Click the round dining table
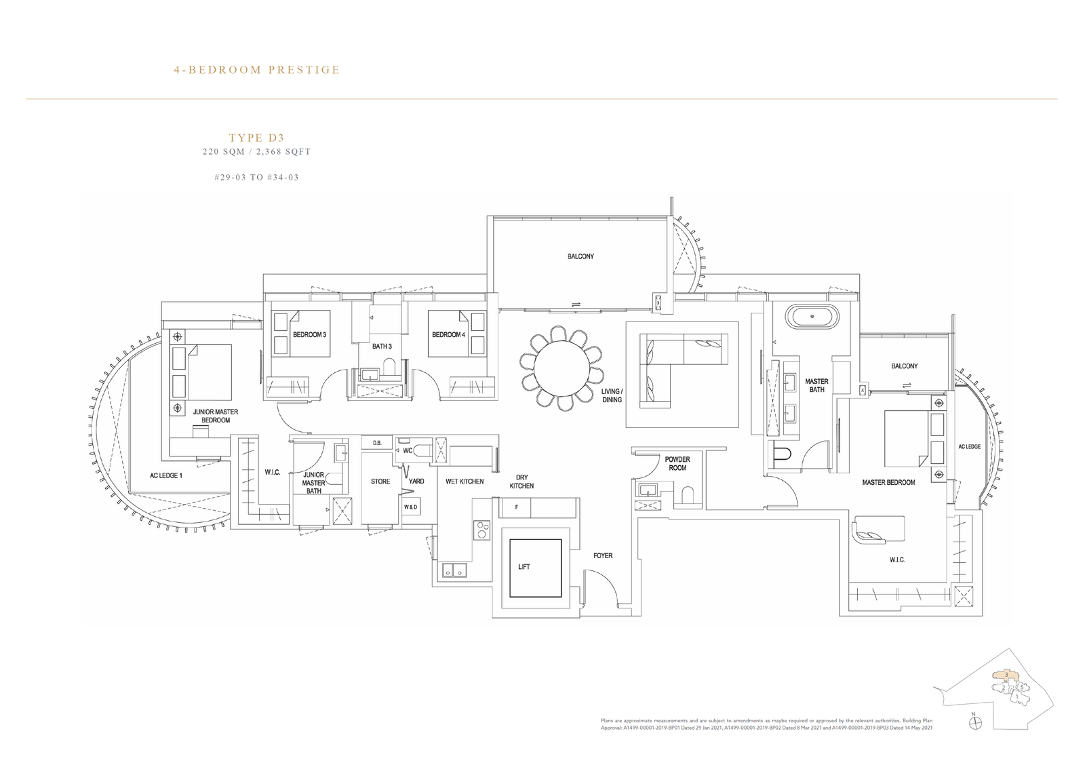point(562,368)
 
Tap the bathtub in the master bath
point(812,316)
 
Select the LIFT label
point(524,567)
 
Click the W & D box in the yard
point(411,507)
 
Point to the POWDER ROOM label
point(677,463)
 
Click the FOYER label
point(603,555)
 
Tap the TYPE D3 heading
point(257,138)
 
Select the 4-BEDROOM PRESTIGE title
point(257,70)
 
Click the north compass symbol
point(974,737)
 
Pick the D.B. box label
point(377,443)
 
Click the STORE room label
point(380,482)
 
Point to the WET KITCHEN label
point(465,482)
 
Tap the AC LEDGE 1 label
point(166,476)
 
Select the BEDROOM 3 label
point(309,335)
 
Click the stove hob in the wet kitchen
point(481,529)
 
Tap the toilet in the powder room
point(688,495)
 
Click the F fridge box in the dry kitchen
point(516,508)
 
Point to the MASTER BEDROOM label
point(888,483)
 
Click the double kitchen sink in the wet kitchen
point(454,570)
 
